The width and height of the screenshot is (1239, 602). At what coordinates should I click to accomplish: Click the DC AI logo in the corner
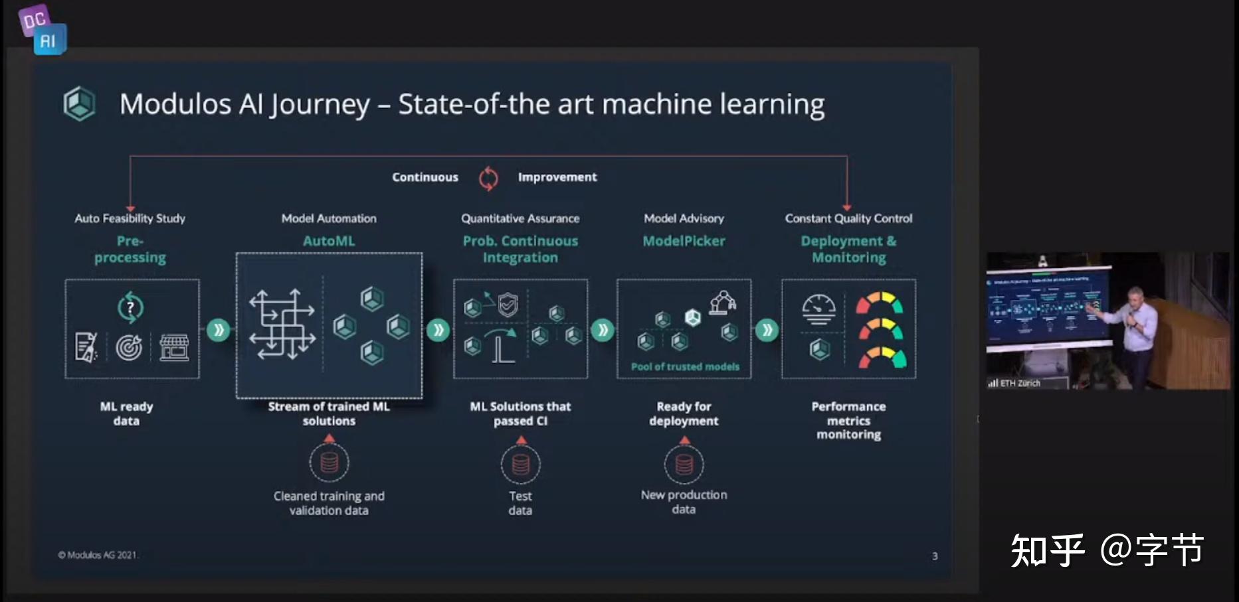coord(43,30)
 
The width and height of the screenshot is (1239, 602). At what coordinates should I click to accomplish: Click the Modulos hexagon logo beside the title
coord(80,104)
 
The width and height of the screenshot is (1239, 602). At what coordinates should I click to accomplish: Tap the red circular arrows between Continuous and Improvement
coord(488,178)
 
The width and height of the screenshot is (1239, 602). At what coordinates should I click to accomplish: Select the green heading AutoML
coord(329,241)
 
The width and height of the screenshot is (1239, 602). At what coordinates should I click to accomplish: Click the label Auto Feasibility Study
coord(130,218)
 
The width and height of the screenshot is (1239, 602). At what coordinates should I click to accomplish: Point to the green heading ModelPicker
coord(684,241)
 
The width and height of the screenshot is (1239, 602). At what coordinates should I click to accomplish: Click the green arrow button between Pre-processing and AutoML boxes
coord(218,330)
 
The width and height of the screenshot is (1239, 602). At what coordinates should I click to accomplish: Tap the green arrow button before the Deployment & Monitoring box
coord(767,330)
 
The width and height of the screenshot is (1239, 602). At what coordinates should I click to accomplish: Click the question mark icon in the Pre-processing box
coord(131,307)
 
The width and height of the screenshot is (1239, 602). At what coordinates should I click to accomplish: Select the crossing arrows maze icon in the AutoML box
coord(282,325)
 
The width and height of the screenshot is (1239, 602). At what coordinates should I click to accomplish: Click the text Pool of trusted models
coord(685,366)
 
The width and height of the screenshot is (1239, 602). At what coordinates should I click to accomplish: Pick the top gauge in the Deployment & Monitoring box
coord(879,303)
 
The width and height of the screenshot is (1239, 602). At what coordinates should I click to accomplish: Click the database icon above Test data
coord(521,465)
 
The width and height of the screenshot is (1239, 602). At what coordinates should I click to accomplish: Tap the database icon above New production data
coord(684,464)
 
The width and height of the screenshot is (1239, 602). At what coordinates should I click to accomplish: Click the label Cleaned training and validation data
coord(329,503)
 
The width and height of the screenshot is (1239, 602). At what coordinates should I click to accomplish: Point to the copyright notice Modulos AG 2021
coord(98,555)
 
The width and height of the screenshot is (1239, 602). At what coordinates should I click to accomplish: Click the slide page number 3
coord(935,556)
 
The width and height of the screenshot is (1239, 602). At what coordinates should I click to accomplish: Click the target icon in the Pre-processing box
coord(129,347)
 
